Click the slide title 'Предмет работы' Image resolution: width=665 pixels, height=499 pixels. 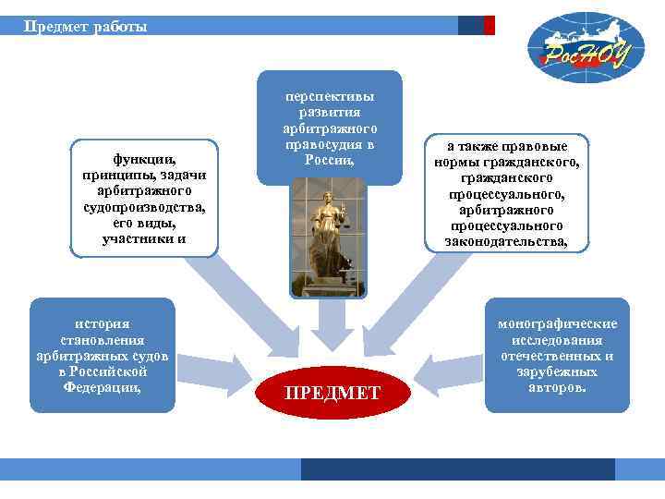point(85,26)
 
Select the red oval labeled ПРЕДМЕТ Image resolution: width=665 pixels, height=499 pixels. point(332,393)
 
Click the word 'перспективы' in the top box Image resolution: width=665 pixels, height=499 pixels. point(330,95)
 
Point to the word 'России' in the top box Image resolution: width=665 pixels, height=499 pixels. point(328,160)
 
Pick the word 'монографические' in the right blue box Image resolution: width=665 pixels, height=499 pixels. point(557,323)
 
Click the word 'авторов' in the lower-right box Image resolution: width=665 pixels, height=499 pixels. point(557,387)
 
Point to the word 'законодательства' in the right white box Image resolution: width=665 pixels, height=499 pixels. point(506,241)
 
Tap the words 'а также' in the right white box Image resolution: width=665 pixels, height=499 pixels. point(476,146)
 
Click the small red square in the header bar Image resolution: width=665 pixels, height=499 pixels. point(490,26)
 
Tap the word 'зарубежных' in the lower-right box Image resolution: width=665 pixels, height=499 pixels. point(557,371)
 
